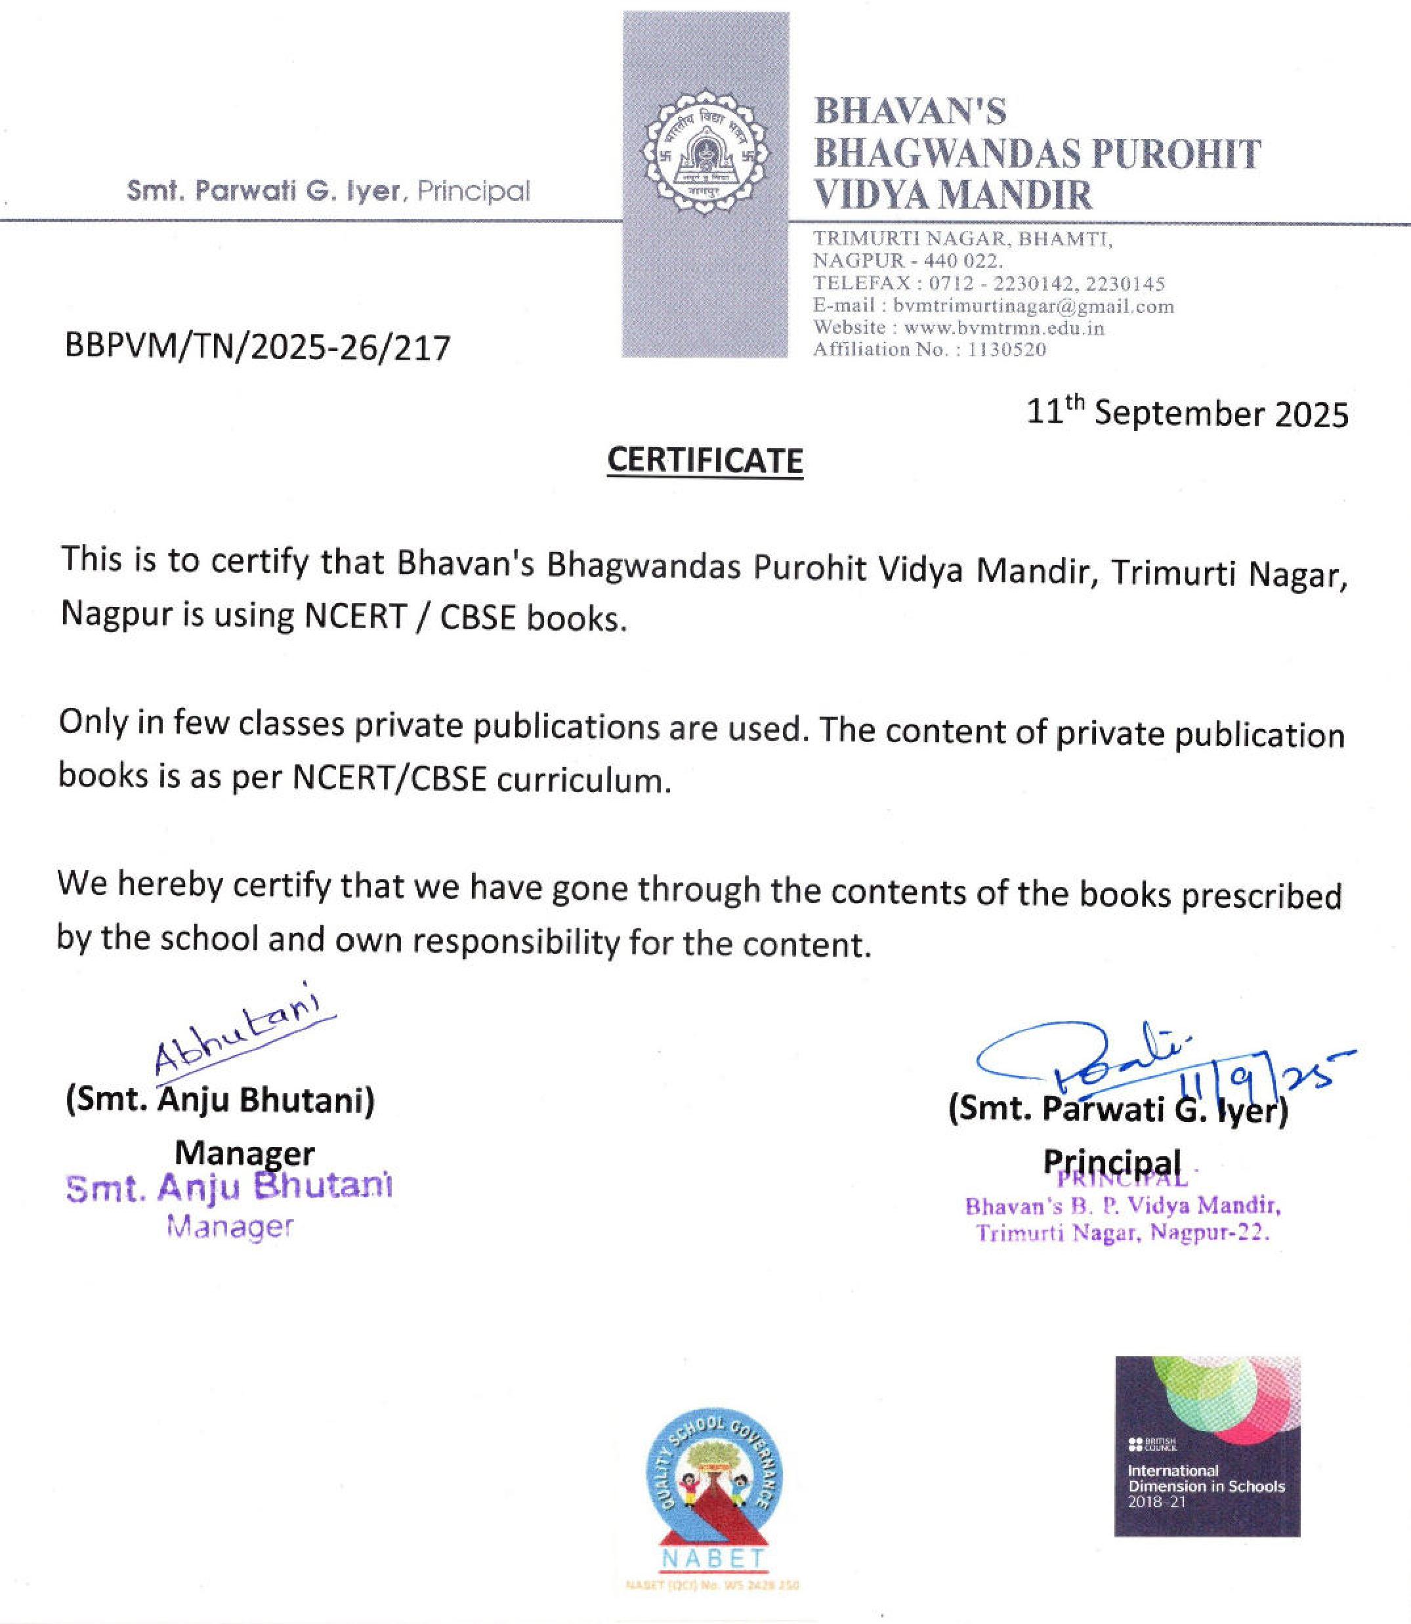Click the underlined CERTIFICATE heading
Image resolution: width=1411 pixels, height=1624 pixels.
tap(705, 461)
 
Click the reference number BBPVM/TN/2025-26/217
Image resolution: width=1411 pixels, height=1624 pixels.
tap(257, 347)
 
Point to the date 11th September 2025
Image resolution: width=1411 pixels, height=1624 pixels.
tap(1187, 413)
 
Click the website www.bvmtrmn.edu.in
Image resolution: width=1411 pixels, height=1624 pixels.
tap(1004, 327)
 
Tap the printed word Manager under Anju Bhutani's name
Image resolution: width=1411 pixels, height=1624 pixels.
tap(244, 1154)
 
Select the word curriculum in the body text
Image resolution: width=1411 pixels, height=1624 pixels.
tap(583, 780)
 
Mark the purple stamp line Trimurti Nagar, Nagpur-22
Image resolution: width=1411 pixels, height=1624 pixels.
tap(1123, 1233)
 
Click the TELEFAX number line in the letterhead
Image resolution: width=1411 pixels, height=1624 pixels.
tap(988, 283)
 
